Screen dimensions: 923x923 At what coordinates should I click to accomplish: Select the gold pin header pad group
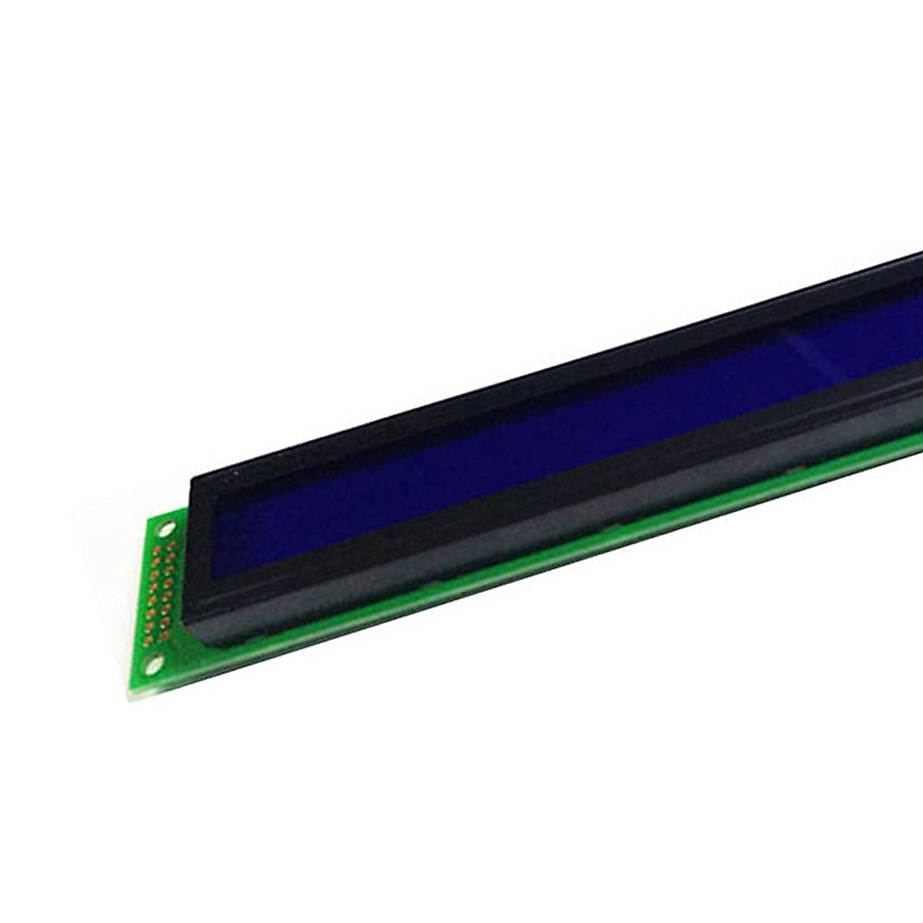pyautogui.click(x=160, y=592)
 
